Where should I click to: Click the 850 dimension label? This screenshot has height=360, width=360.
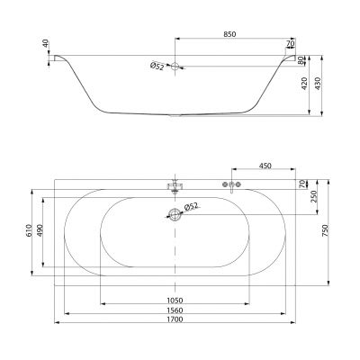[x=229, y=34]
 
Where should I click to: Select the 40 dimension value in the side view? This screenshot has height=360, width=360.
[x=45, y=43]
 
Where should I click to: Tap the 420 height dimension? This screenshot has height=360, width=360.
[x=304, y=84]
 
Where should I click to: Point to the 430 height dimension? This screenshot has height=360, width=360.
[x=318, y=84]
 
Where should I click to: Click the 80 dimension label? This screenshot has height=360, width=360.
[x=301, y=60]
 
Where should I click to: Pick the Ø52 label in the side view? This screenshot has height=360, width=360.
[x=157, y=66]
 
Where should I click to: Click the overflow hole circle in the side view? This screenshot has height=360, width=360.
[x=175, y=67]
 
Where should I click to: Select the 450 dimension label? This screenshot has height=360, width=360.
[x=265, y=166]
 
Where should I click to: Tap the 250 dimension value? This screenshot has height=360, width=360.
[x=314, y=196]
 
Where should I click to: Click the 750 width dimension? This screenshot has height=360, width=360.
[x=326, y=231]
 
